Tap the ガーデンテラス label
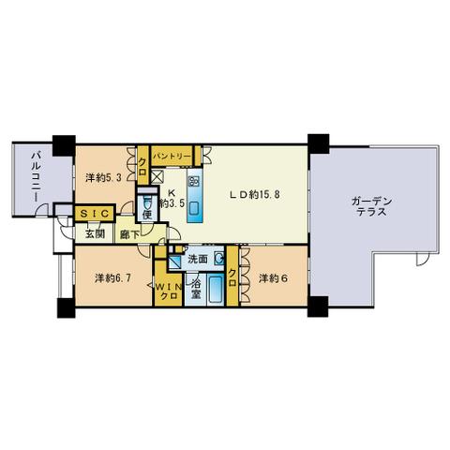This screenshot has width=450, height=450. point(371,206)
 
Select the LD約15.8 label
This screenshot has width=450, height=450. point(254,195)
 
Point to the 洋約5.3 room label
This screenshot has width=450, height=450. point(103,177)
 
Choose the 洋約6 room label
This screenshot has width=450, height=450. point(273,277)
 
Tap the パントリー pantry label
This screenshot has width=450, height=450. point(172,156)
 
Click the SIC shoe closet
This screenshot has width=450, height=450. point(95,214)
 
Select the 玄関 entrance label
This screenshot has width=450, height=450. point(95,233)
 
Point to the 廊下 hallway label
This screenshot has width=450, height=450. point(129,234)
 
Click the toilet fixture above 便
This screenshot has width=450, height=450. point(147,202)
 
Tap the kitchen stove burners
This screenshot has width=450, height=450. point(194,181)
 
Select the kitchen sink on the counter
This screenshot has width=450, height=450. point(195,208)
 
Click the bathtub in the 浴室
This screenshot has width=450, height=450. point(216,289)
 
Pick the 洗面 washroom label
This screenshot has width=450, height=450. point(198,259)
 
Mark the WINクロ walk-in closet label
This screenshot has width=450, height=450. point(168,292)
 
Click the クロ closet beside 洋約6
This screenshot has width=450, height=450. point(232,277)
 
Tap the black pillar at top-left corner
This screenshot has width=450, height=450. point(64,145)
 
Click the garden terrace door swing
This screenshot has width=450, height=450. point(422,259)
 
